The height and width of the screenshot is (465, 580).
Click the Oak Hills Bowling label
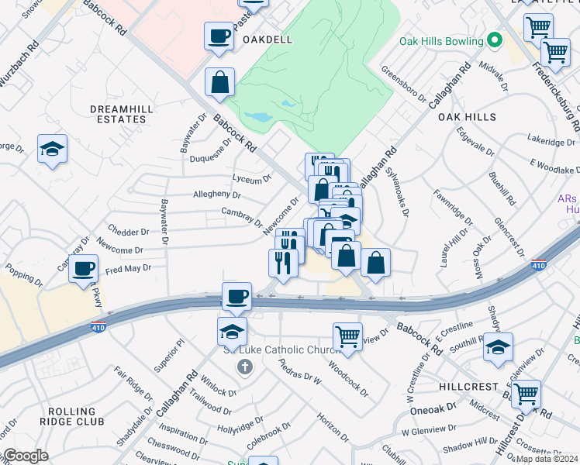441,41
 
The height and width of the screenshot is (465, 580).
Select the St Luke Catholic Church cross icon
245,366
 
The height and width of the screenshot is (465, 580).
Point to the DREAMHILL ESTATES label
118,114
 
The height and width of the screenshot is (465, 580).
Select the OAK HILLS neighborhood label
467,116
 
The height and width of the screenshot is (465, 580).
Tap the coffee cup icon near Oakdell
219,36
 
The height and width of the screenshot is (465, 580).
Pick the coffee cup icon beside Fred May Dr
83,269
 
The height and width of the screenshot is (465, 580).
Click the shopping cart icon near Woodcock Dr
348,337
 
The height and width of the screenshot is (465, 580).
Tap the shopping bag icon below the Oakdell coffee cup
220,82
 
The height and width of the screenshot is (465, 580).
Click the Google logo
25,456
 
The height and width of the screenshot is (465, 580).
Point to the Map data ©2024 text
547,459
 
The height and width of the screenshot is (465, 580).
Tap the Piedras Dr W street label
299,370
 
